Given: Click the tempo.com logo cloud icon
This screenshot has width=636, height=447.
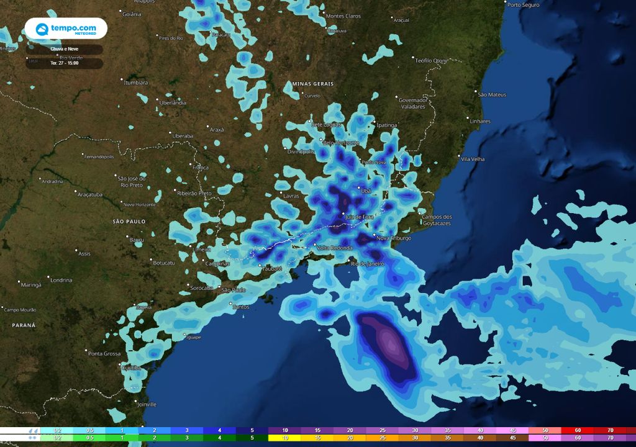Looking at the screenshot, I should click(x=42, y=29).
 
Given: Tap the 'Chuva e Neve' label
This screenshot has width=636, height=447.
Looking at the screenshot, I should click(x=65, y=48).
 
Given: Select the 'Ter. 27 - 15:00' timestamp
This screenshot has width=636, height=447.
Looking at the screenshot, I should click(x=65, y=63).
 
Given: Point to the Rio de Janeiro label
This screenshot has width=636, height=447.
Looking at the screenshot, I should click(x=368, y=264).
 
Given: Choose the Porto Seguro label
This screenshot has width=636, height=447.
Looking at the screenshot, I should click(x=523, y=5).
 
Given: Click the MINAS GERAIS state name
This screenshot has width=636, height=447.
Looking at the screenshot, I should click(x=312, y=84).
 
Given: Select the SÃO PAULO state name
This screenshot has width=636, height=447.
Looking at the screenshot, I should click(x=129, y=221).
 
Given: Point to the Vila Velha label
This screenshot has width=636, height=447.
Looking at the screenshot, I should click(x=473, y=160).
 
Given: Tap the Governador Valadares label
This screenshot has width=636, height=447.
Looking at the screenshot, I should click(x=413, y=103).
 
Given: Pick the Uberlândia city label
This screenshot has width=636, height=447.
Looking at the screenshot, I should click(x=173, y=103).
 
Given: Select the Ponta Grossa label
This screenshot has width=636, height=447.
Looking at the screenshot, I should click(x=104, y=354).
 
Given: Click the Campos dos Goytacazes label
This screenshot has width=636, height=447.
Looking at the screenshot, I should click(x=437, y=220).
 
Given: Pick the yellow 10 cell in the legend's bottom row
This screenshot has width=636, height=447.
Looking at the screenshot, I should click(x=284, y=438).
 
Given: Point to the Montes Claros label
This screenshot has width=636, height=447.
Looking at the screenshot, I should click(x=343, y=16).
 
